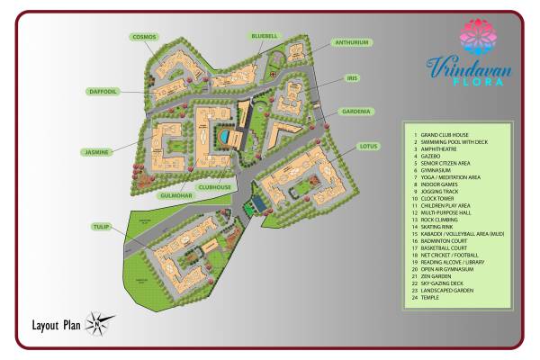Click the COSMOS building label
145,37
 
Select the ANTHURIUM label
352,42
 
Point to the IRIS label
353,78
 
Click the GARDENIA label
355,112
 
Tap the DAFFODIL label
103,91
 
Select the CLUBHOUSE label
216,186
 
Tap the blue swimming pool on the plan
222,137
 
